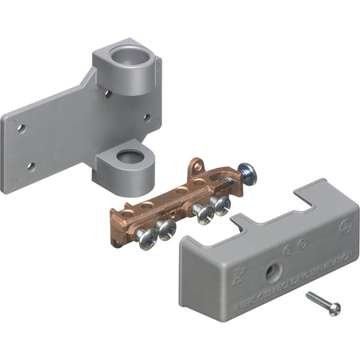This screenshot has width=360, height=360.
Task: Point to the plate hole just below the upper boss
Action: tap(108, 94)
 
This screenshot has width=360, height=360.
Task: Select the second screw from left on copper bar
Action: tap(166, 230)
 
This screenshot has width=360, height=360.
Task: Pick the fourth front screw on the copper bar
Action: tap(220, 206)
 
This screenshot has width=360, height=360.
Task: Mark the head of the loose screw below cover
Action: tap(333, 309)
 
